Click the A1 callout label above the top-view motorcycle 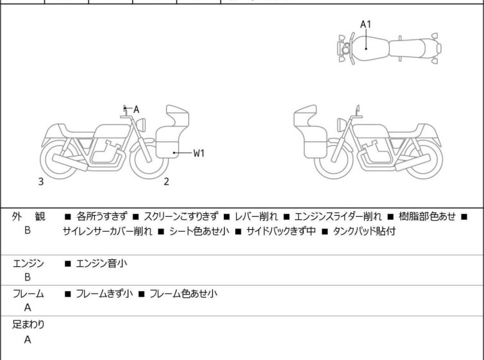point(365,24)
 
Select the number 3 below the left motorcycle point(41,182)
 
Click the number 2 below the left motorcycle point(166,182)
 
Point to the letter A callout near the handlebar point(136,110)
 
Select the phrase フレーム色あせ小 point(183,294)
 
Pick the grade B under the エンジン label point(28,277)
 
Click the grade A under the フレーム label point(28,308)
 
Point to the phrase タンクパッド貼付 point(363,232)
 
